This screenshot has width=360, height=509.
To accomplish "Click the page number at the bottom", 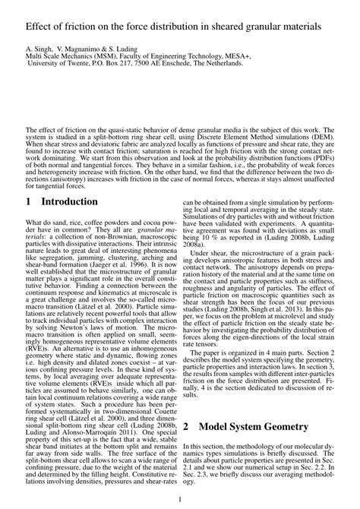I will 179,498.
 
